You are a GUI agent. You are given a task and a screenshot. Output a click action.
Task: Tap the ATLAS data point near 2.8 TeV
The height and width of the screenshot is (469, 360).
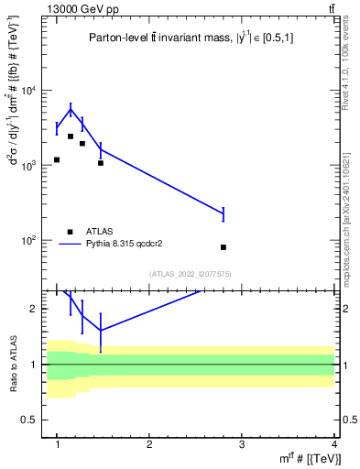point(224,247)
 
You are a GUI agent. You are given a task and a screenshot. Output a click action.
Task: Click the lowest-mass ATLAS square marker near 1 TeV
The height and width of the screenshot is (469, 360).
point(57,159)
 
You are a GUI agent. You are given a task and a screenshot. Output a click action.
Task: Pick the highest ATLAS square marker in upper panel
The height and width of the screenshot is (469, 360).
point(71,136)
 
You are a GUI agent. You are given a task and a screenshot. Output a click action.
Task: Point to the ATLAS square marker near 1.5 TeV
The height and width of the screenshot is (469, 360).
point(101,163)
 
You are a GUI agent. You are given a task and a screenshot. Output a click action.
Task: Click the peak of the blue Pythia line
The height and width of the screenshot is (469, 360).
point(71,110)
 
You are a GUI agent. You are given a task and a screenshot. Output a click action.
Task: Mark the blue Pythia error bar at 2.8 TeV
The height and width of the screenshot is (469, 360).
point(224,214)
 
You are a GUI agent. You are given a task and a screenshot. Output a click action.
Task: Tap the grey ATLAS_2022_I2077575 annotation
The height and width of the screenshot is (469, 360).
point(190,274)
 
